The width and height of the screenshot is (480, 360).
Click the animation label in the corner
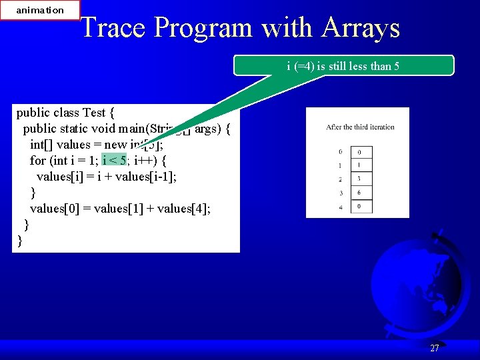(40, 10)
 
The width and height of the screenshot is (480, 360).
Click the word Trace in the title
(114, 28)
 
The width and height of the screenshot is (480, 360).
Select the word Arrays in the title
(361, 28)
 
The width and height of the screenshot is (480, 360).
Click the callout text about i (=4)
(343, 65)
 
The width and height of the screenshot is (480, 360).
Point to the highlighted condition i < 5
(114, 161)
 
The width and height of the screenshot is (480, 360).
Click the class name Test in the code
(98, 113)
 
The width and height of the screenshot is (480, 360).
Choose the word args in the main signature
(207, 129)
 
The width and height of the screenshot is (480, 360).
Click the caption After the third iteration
(360, 127)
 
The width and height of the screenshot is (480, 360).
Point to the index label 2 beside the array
(340, 179)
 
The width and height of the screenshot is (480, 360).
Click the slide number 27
(435, 348)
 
